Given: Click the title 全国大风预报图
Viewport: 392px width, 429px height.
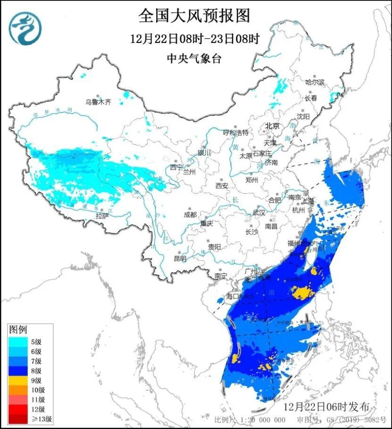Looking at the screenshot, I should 194,16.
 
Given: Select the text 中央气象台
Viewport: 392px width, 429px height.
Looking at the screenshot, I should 194,58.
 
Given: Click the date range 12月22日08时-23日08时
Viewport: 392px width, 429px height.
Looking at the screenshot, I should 194,39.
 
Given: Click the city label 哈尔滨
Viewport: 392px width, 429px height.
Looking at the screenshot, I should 315,82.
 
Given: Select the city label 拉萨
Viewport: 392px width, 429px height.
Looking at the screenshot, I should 102,215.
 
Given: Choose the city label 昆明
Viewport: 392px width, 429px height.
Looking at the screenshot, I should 180,258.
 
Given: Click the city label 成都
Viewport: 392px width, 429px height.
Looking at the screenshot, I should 190,215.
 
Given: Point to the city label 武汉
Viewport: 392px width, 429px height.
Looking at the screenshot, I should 259,213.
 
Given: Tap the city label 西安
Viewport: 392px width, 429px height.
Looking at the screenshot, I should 222,186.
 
